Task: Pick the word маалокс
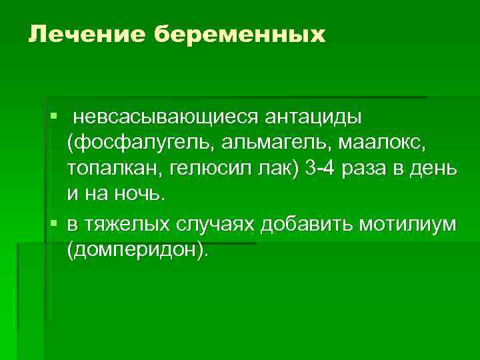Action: (x=381, y=143)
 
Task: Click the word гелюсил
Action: (x=209, y=169)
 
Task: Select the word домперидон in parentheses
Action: (x=136, y=250)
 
